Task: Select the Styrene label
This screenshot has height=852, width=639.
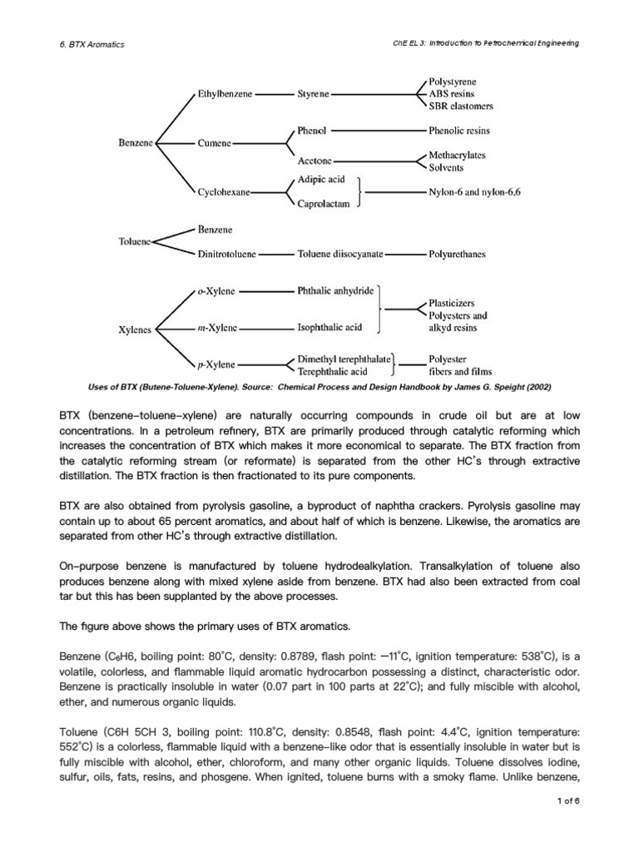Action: pyautogui.click(x=314, y=94)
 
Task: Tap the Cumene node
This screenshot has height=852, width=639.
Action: pyautogui.click(x=215, y=143)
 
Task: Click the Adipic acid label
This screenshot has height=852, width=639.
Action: pyautogui.click(x=321, y=179)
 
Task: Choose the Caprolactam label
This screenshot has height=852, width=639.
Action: pyautogui.click(x=324, y=204)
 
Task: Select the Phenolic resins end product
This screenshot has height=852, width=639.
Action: pyautogui.click(x=458, y=131)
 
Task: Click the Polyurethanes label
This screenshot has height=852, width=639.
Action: pyautogui.click(x=457, y=254)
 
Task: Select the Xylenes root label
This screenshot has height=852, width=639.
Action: pyautogui.click(x=135, y=329)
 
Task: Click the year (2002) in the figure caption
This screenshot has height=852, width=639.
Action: pyautogui.click(x=534, y=388)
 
